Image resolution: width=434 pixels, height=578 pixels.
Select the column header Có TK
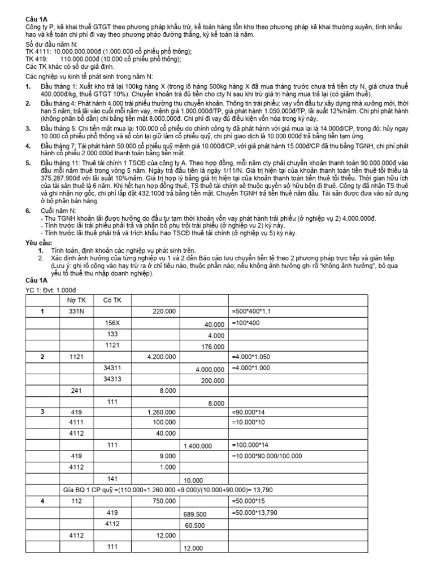point(112,300)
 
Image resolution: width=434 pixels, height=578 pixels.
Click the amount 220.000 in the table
point(164,311)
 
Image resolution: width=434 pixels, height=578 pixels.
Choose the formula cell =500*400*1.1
point(254,311)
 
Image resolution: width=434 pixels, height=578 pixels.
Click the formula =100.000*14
point(252,446)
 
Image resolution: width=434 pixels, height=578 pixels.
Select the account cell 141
point(112,479)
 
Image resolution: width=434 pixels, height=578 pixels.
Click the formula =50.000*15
point(249,501)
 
